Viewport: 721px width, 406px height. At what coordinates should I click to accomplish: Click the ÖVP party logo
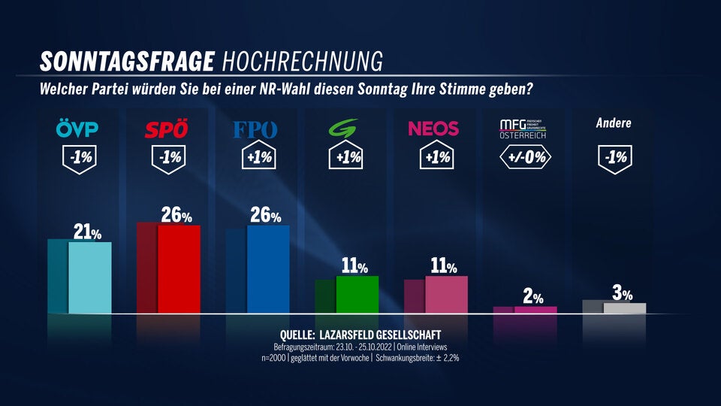tap(77, 129)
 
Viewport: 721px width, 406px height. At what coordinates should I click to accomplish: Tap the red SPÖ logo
tap(166, 129)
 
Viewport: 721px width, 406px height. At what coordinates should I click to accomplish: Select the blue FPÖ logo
tap(255, 129)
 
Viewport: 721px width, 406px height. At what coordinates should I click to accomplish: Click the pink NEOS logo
tap(433, 129)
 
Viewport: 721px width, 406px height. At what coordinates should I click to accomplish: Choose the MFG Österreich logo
tap(523, 129)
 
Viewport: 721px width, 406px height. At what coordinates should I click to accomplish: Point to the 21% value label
tap(86, 233)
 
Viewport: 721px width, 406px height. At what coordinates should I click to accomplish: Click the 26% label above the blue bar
tap(264, 216)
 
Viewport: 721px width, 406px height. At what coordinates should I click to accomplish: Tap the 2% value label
tap(533, 297)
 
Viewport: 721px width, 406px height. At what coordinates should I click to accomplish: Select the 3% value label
tap(622, 293)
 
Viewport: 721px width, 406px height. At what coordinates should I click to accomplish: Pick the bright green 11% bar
tap(357, 294)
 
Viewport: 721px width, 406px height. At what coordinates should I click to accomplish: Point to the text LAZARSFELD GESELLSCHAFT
tap(382, 334)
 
